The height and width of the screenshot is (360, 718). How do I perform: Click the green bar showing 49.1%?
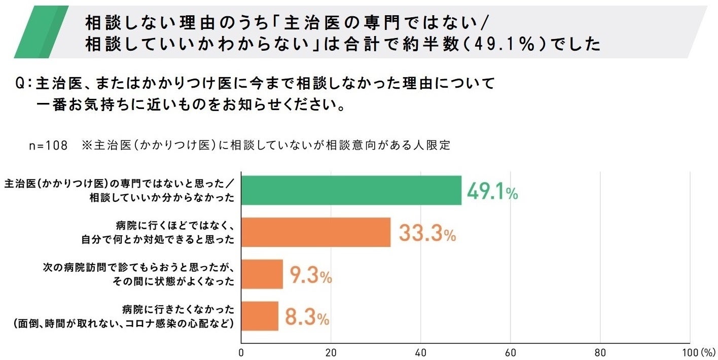[351, 190]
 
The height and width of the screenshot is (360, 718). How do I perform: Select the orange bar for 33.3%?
[315, 232]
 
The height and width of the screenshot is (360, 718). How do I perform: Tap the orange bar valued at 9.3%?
[262, 274]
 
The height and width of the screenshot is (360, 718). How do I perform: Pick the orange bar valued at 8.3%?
[260, 316]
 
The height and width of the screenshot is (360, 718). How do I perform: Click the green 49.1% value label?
[492, 192]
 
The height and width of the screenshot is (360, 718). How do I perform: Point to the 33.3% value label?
[427, 234]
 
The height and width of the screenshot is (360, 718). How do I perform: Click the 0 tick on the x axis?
[241, 352]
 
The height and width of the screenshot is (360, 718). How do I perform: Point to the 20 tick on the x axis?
[331, 352]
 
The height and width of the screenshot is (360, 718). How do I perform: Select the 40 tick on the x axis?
[420, 352]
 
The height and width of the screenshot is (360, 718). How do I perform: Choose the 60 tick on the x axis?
[510, 352]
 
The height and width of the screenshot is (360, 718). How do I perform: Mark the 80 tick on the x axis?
[600, 352]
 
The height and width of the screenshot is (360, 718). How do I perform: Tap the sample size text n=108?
[48, 146]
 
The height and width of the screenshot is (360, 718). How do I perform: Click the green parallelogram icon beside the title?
[42, 31]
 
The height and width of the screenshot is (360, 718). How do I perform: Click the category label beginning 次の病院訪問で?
[138, 274]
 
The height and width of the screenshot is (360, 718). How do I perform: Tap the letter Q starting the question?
[21, 84]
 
